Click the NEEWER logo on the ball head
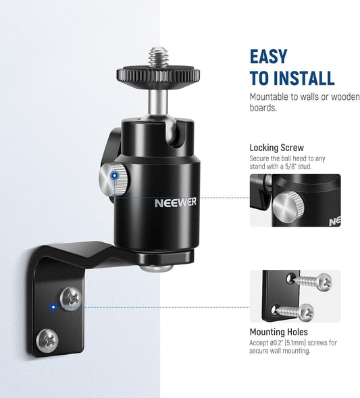coord(176,202)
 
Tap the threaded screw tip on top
coord(158,57)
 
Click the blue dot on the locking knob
coord(115,175)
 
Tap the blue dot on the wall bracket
coord(53,307)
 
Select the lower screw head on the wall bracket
coord(47,341)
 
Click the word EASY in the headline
coord(269,57)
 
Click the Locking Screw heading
coord(277,148)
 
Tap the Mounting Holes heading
coord(278,332)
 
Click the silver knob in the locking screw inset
coord(289,207)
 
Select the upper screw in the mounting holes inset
coord(313,281)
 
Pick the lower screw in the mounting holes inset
coord(294,312)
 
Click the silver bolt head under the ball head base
coord(157,268)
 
